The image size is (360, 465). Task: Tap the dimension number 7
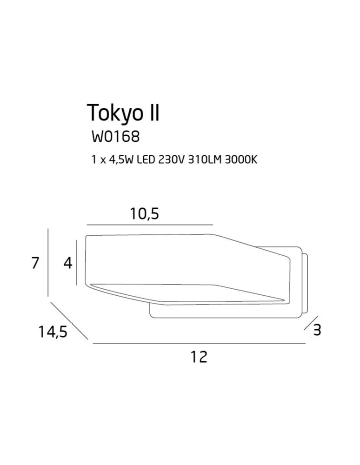pos(35,263)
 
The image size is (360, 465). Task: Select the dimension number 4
pos(68,263)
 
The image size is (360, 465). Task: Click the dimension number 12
pos(199,357)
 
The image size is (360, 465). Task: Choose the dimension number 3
pos(318,330)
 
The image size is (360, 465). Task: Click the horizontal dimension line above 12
pos(199,344)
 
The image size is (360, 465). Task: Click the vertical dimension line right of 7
pos(48,263)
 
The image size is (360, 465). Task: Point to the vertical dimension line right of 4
pos(76,263)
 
